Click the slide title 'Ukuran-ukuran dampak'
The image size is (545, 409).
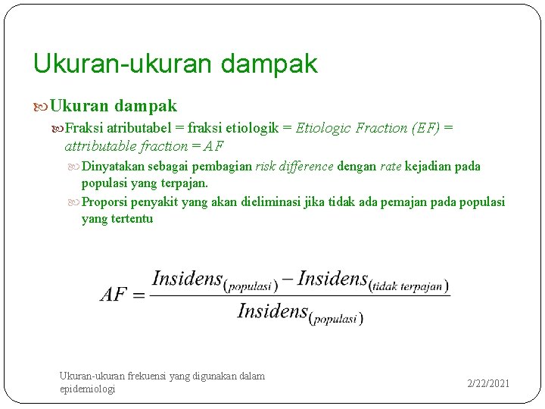click(175, 64)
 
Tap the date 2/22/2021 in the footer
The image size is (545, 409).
click(488, 383)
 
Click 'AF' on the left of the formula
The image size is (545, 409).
click(114, 295)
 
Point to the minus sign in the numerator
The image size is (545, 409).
click(288, 279)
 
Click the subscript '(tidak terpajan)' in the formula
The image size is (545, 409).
click(408, 286)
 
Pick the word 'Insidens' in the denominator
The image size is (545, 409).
click(272, 311)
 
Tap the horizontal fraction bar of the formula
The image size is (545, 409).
click(300, 295)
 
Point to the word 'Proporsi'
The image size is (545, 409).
click(104, 201)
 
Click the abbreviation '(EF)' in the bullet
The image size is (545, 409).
click(425, 128)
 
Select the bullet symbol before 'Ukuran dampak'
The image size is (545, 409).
click(40, 106)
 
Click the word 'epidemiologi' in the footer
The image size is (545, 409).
click(87, 389)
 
